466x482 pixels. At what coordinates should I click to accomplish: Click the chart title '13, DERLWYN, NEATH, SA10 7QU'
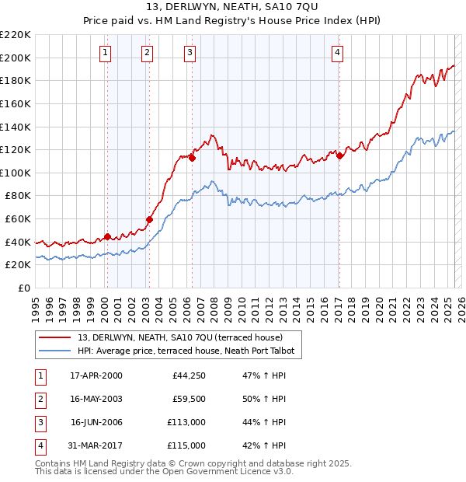(232, 8)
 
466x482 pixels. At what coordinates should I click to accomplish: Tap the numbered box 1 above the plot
(105, 53)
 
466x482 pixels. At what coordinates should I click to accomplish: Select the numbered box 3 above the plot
(190, 53)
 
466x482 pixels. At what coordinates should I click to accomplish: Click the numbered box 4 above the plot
(338, 53)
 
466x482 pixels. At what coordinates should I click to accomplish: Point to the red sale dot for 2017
(340, 155)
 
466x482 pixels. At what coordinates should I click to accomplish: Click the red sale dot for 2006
(192, 158)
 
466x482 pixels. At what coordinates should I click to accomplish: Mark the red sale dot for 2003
(149, 220)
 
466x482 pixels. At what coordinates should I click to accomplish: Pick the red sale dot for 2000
(107, 237)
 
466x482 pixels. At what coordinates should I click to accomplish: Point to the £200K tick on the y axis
(16, 58)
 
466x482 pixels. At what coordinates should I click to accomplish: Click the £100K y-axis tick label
(16, 173)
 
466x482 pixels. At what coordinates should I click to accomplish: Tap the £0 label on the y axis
(23, 288)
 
